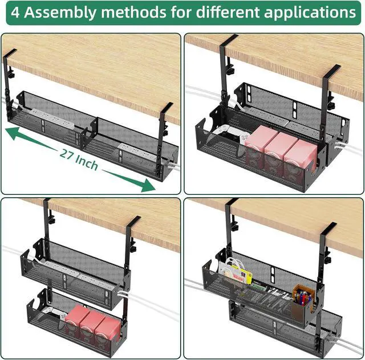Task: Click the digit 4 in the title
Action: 15,13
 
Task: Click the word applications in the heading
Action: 308,13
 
